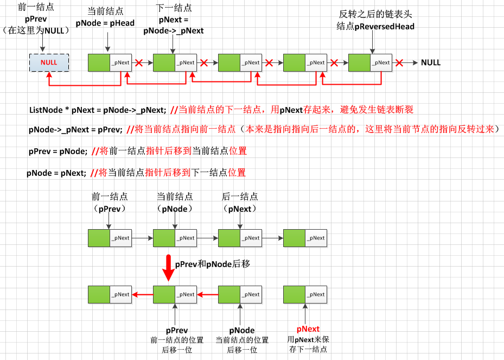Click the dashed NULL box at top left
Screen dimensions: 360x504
coord(49,62)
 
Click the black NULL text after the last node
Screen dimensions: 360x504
coord(431,62)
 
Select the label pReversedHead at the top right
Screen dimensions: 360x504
coord(384,26)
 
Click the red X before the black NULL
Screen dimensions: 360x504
coord(400,62)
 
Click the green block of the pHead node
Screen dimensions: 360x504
coord(99,62)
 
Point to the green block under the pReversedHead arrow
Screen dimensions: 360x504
coord(359,62)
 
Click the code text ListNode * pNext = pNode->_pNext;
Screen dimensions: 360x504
coord(97,110)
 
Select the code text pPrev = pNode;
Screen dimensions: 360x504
coord(58,151)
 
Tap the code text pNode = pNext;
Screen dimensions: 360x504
coord(56,173)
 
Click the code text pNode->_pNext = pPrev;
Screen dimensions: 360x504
coord(75,130)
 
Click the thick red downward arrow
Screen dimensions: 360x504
coord(168,268)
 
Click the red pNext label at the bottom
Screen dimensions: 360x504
coord(308,329)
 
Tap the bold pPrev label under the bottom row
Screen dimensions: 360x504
coord(177,330)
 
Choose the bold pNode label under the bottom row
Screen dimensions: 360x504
coord(242,330)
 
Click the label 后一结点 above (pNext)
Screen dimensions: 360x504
coord(240,197)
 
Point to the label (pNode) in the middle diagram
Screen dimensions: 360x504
coord(175,208)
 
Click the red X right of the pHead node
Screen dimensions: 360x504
coord(139,62)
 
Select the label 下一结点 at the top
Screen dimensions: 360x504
coord(174,8)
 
